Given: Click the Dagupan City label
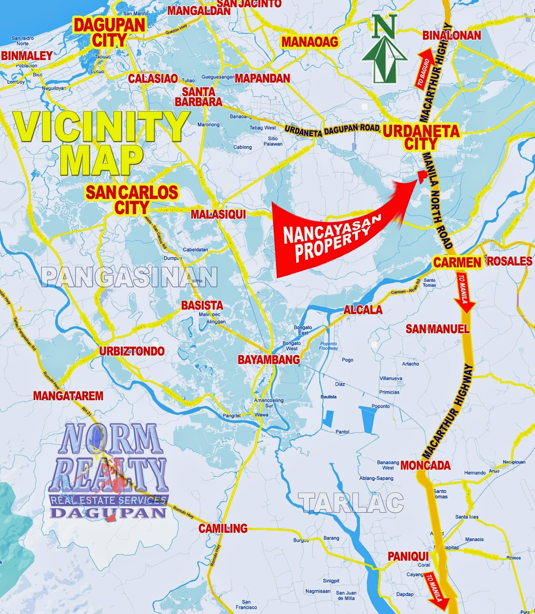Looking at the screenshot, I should [x=110, y=33].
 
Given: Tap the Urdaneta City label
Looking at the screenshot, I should [x=421, y=137].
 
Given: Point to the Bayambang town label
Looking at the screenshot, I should [x=269, y=360].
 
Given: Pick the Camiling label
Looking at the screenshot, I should [x=223, y=528].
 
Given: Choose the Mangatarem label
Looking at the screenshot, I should [x=68, y=396].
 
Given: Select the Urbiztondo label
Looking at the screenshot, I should [x=132, y=351].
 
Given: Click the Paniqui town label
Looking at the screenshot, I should [x=408, y=556].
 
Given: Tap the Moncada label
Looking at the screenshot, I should [x=425, y=465].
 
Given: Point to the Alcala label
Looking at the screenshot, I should [x=363, y=310].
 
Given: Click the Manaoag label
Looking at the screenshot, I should [x=310, y=42].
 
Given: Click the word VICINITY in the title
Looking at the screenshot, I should [x=102, y=127].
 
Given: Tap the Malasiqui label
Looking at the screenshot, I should [x=218, y=214].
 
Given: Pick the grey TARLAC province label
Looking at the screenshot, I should [x=351, y=503].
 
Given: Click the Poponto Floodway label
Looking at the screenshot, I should [x=329, y=346].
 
